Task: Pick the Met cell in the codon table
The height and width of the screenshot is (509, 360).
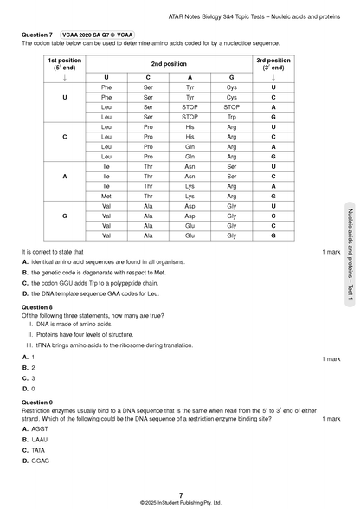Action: (107, 196)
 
